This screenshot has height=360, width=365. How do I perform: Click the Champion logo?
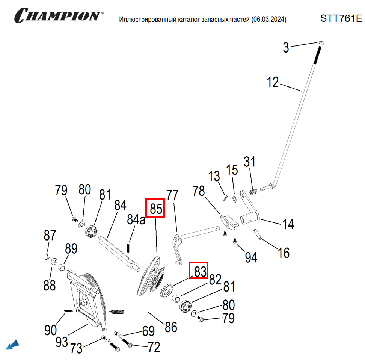tap(57, 15)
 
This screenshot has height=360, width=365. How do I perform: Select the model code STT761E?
tap(341, 18)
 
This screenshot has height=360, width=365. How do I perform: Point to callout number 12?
tap(273, 82)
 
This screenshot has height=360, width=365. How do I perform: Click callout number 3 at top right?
tap(286, 48)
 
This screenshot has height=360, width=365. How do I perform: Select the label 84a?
tap(136, 219)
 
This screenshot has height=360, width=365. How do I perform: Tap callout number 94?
tap(251, 257)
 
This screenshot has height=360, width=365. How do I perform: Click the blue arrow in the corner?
tap(13, 344)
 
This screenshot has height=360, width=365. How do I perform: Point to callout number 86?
tap(171, 327)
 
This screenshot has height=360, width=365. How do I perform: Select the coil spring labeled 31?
tap(253, 191)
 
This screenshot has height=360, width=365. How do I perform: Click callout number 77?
tap(172, 195)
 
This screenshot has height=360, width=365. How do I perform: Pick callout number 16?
tap(284, 253)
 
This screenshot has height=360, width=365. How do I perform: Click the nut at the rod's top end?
tap(321, 42)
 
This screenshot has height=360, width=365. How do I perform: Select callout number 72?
tap(154, 347)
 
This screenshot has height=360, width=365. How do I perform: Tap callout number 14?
tap(288, 224)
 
